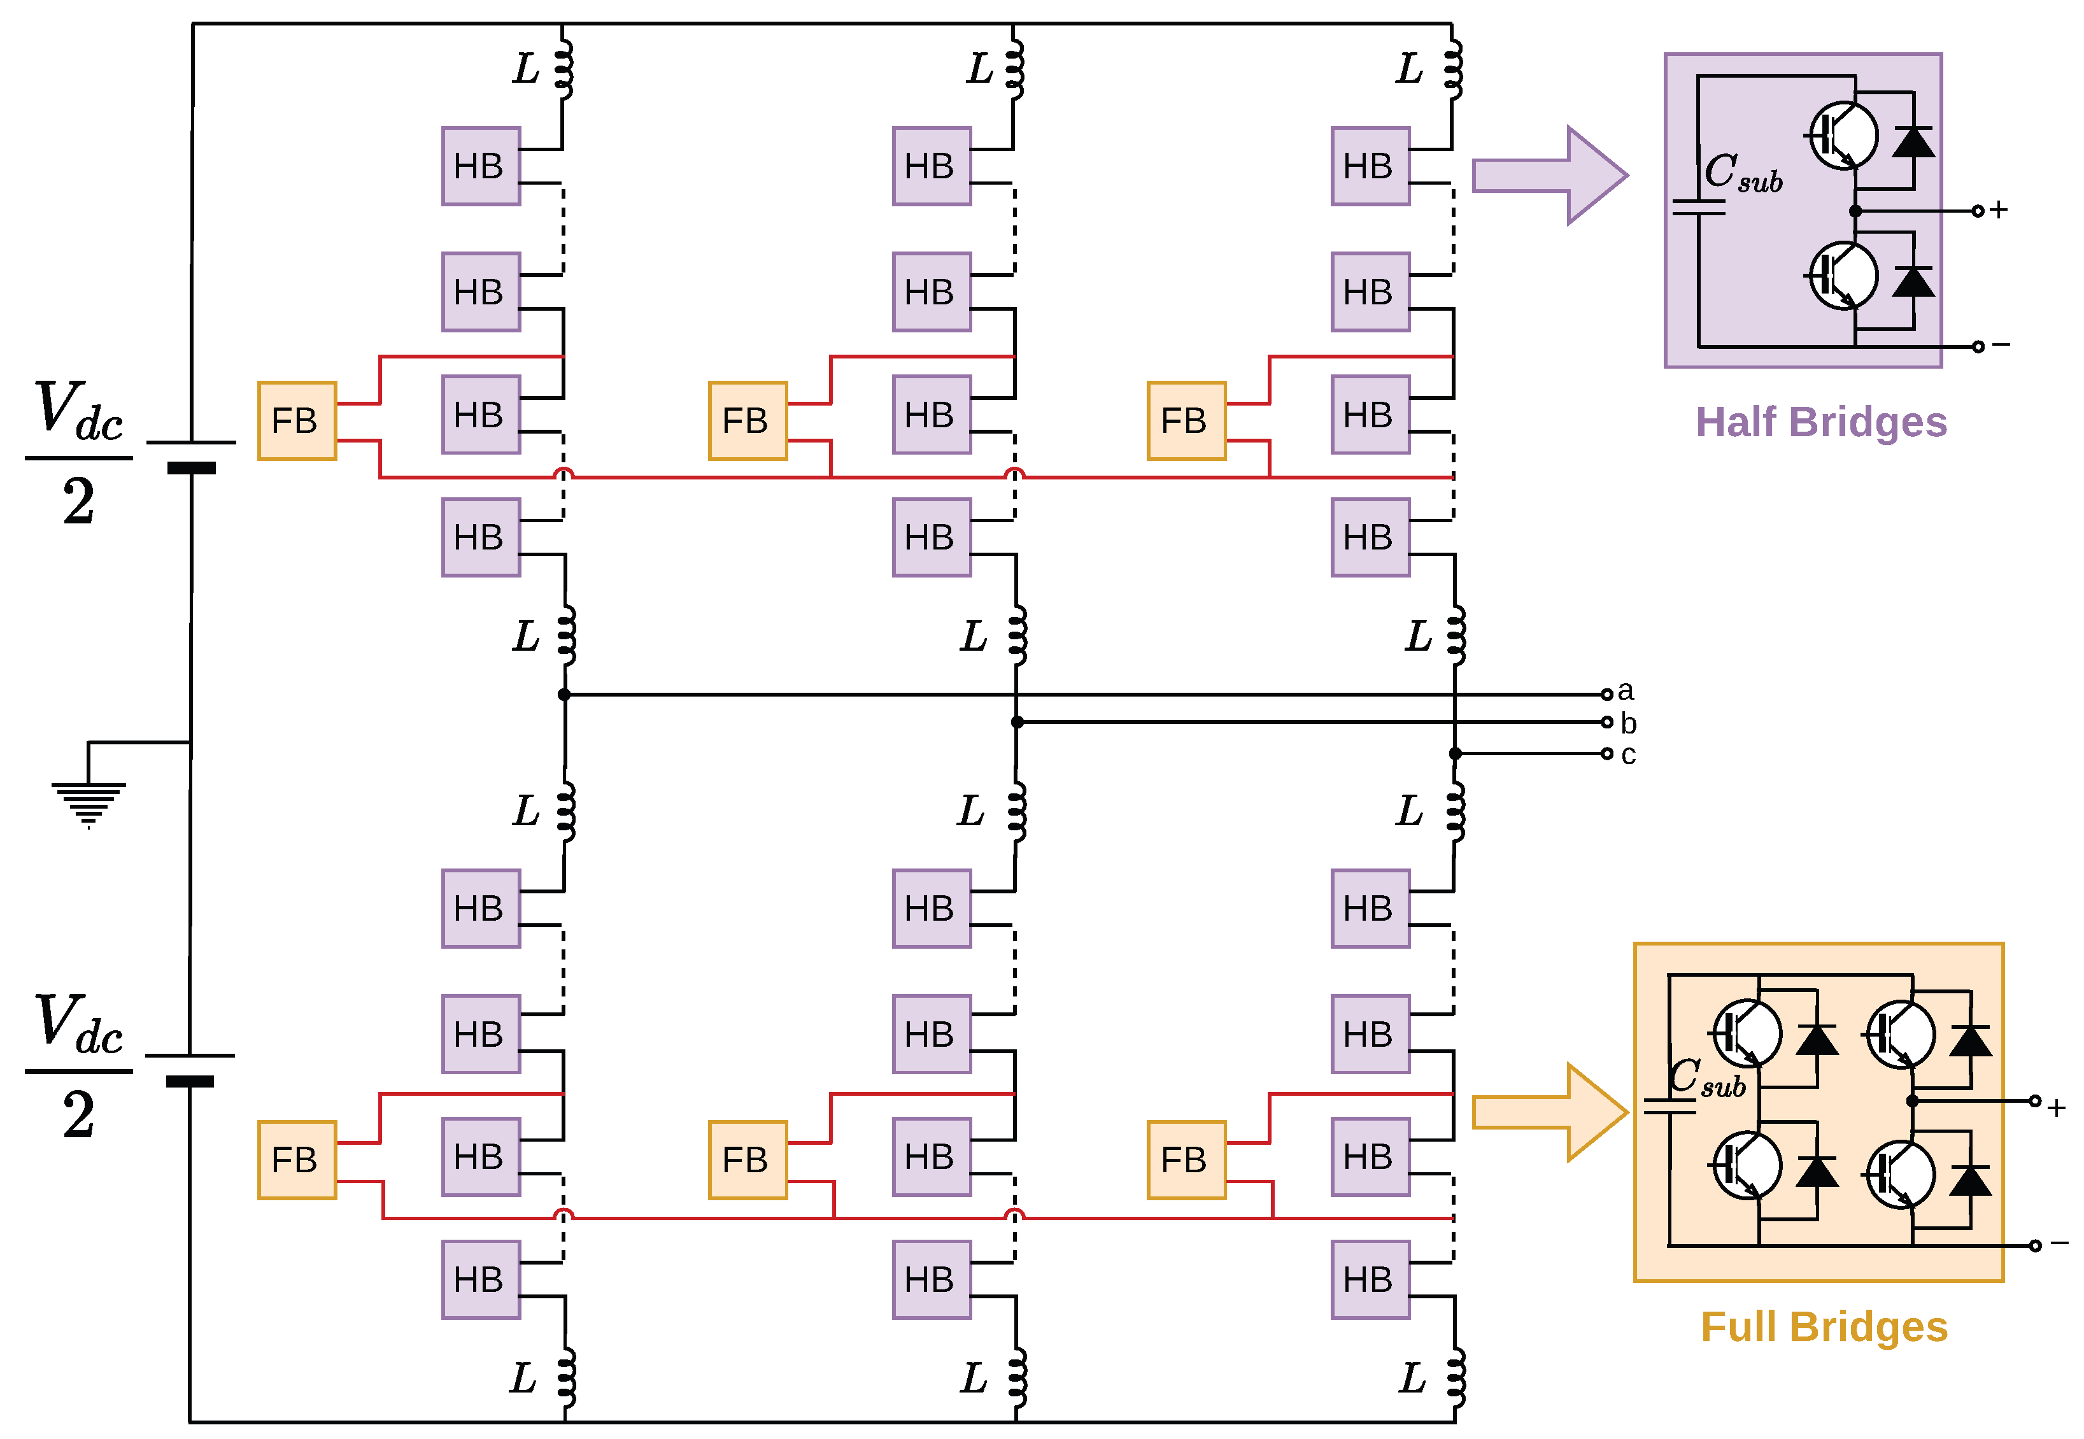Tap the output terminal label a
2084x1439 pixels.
click(1625, 691)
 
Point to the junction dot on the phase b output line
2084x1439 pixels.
click(1017, 722)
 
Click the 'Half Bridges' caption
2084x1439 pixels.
click(1821, 422)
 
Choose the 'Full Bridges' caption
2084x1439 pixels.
click(1824, 1327)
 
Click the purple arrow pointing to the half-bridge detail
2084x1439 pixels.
click(1550, 175)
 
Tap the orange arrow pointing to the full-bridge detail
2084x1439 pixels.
click(1550, 1112)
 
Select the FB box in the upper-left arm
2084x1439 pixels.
click(297, 421)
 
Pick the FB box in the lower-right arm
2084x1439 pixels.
click(1186, 1159)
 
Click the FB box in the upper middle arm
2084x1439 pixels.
click(748, 421)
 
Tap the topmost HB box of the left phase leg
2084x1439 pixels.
click(481, 166)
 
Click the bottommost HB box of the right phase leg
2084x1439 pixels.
click(1370, 1279)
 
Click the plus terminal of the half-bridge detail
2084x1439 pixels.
click(1978, 211)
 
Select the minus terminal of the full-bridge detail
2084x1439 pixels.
click(2036, 1246)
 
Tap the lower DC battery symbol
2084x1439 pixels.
click(190, 1068)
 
